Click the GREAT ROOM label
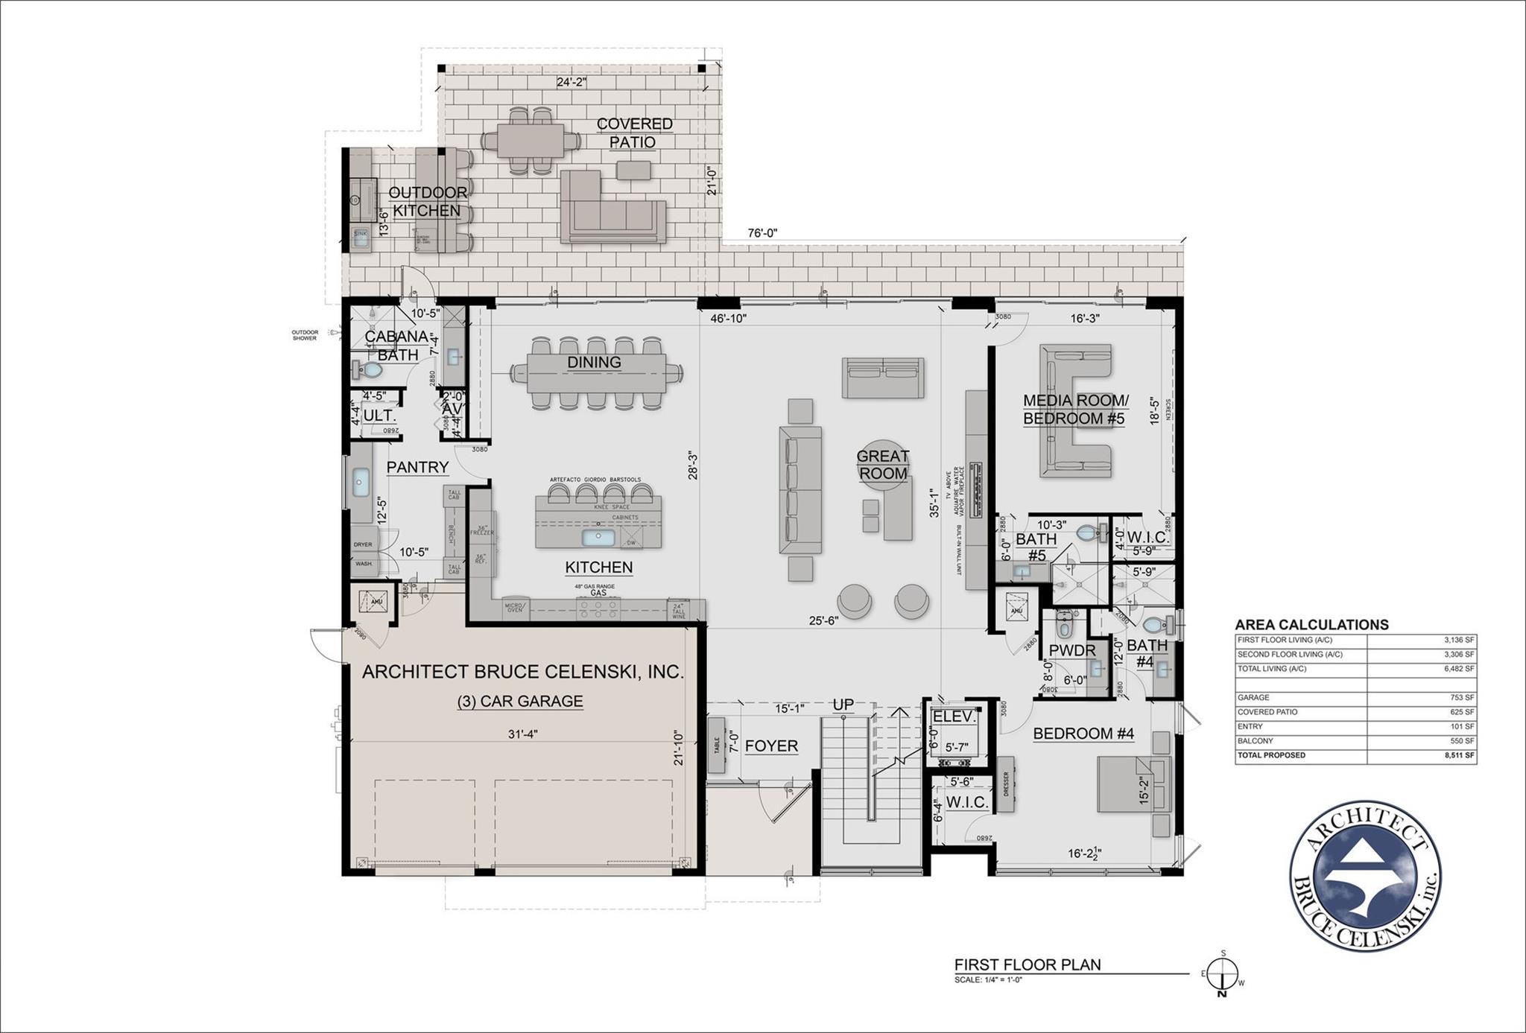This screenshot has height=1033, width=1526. (x=882, y=465)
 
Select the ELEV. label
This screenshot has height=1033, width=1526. (x=954, y=716)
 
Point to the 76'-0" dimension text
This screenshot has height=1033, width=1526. (x=762, y=233)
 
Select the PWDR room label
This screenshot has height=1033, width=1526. (x=1072, y=650)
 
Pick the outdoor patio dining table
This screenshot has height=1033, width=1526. (x=531, y=140)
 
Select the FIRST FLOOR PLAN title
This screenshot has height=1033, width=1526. (x=1028, y=964)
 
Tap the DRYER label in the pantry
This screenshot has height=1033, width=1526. (x=363, y=544)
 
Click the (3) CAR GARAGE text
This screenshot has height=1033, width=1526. (x=520, y=701)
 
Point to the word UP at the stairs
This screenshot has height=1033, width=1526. (x=843, y=705)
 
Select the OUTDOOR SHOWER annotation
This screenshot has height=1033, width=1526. (x=304, y=335)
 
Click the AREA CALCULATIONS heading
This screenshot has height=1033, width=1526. (x=1311, y=625)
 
